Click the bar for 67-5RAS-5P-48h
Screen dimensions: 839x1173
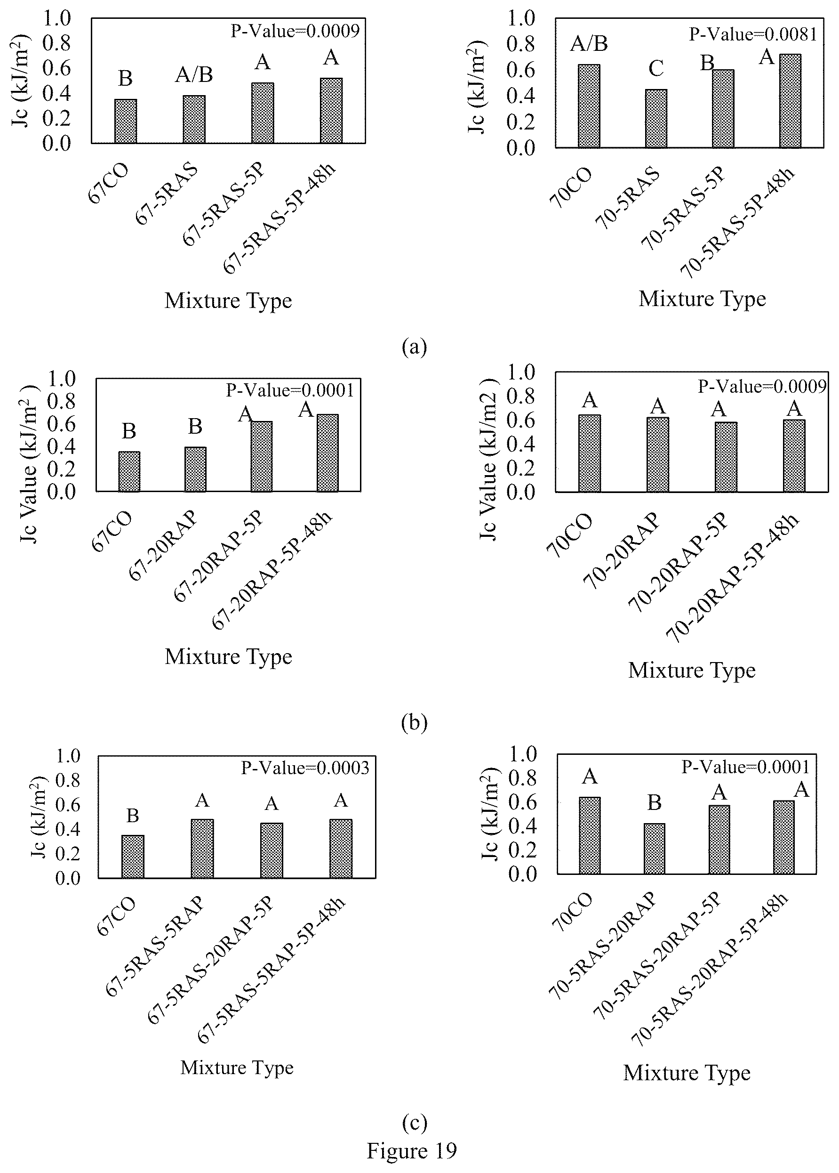331,111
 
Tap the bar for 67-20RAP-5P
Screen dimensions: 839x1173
262,456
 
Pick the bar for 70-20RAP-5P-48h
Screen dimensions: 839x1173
794,455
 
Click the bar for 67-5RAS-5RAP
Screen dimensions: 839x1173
202,849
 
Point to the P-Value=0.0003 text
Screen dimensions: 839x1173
305,768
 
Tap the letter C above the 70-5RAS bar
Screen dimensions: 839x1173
656,68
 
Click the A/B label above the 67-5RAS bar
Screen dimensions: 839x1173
194,75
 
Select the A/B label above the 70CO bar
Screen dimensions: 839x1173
589,44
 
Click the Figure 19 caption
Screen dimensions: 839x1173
412,1151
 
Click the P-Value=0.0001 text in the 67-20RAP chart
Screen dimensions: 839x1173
290,390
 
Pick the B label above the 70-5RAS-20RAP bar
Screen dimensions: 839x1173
655,803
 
